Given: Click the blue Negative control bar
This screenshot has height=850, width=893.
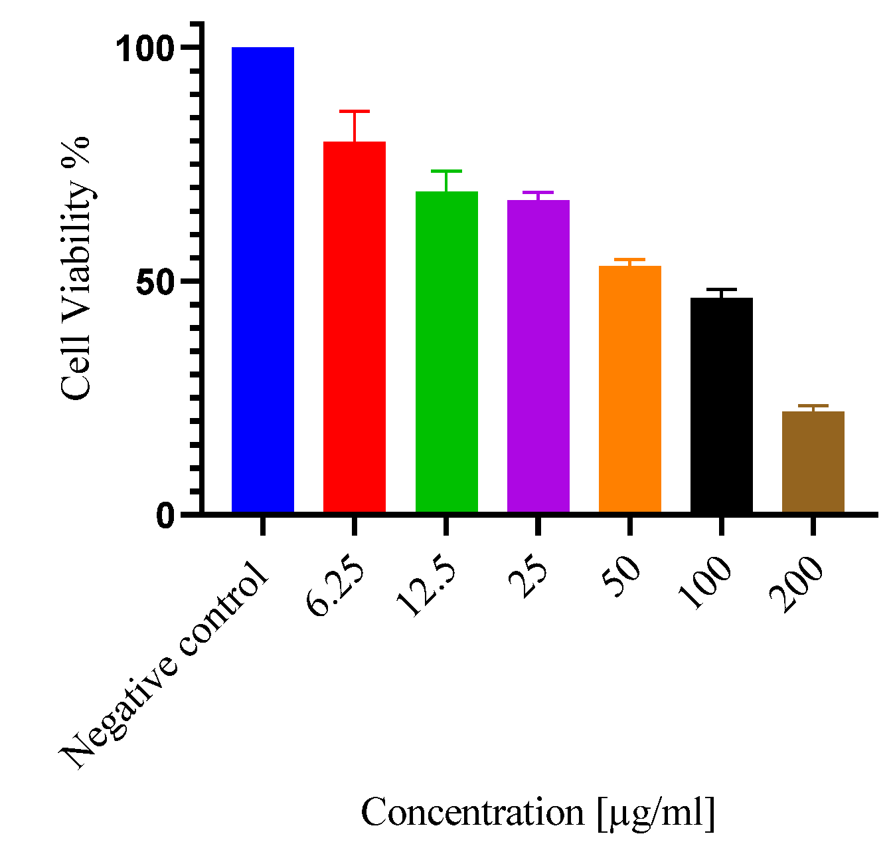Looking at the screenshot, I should (x=263, y=279).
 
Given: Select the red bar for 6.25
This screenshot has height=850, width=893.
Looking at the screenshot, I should (x=355, y=326).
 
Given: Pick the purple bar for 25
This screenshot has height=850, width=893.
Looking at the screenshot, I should (x=538, y=356).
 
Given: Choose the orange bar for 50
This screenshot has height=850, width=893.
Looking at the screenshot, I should (x=629, y=389).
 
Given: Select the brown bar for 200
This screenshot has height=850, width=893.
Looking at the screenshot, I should (x=813, y=461).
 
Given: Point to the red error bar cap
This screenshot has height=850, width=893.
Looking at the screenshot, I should (x=355, y=112).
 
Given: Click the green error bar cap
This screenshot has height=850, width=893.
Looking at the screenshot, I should (x=446, y=171).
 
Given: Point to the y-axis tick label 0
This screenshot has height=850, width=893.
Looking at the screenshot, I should (x=166, y=516).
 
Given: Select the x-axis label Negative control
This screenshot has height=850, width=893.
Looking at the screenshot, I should (x=166, y=665).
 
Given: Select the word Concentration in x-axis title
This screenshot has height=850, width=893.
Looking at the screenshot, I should (x=472, y=812).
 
